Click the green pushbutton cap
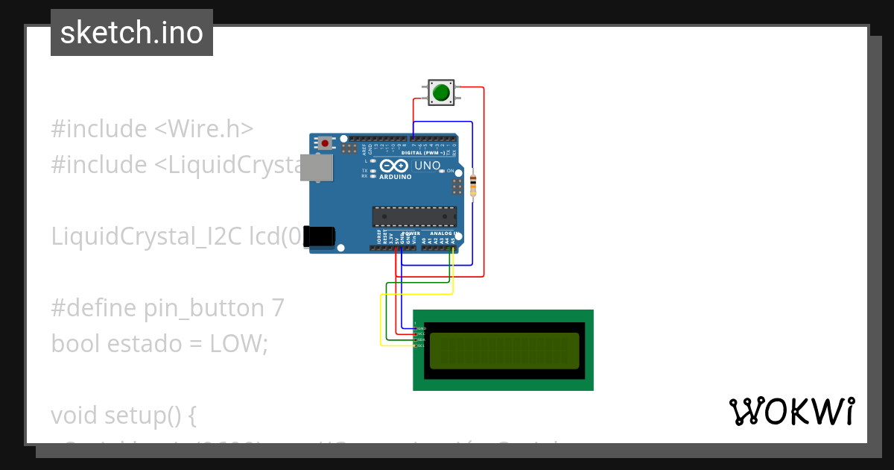pyautogui.click(x=441, y=93)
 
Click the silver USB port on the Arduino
pyautogui.click(x=316, y=168)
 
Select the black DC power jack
pyautogui.click(x=322, y=236)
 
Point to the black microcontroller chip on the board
pyautogui.click(x=414, y=216)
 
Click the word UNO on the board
pyautogui.click(x=427, y=166)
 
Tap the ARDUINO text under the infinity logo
pyautogui.click(x=395, y=177)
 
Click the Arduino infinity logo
pyautogui.click(x=393, y=166)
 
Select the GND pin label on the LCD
pyautogui.click(x=421, y=328)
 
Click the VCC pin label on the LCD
pyautogui.click(x=421, y=333)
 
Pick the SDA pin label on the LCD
pyautogui.click(x=421, y=339)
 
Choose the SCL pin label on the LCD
pyautogui.click(x=421, y=345)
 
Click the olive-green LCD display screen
pyautogui.click(x=504, y=351)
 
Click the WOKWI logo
pyautogui.click(x=792, y=411)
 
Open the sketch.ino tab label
pyautogui.click(x=132, y=33)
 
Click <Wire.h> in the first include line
pyautogui.click(x=203, y=129)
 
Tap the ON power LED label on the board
pyautogui.click(x=450, y=171)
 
